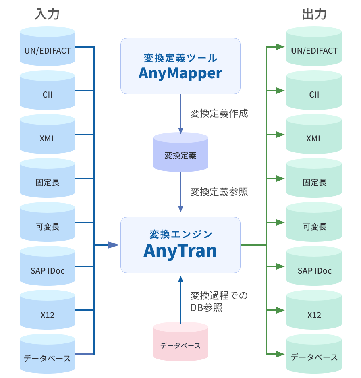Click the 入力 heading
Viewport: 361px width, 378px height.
[48, 14]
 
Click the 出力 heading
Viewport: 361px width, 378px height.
[314, 14]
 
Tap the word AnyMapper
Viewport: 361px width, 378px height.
[180, 73]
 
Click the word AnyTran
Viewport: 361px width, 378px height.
[180, 251]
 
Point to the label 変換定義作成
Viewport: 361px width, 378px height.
[219, 114]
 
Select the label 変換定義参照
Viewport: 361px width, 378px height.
[219, 192]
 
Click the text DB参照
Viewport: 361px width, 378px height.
[206, 308]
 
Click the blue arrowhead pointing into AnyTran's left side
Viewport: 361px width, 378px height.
[114, 245]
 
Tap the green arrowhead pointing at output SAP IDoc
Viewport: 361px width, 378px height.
[280, 266]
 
